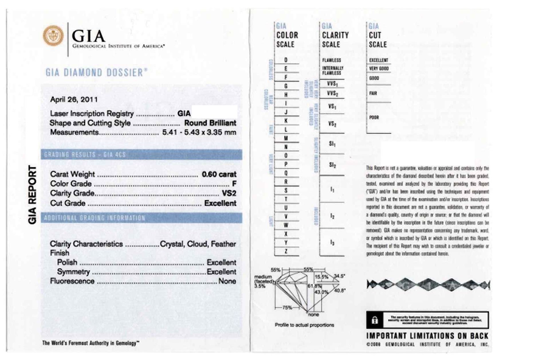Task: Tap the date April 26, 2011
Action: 74,99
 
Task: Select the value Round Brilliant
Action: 210,123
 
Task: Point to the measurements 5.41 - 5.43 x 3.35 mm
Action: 199,132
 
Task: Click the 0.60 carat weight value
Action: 219,174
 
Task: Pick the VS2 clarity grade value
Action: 229,193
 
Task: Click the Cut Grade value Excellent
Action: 220,203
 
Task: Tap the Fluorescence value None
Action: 227,281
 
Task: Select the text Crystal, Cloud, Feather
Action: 198,244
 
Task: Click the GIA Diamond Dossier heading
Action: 96,73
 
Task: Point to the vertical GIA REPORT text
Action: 32,195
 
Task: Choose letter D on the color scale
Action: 286,60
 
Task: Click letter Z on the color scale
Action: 286,251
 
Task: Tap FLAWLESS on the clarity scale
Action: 331,60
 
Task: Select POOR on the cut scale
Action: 374,117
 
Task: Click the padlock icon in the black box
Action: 375,320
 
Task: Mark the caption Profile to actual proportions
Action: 304,325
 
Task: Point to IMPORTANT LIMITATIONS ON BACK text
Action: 427,336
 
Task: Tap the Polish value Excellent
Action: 221,262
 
